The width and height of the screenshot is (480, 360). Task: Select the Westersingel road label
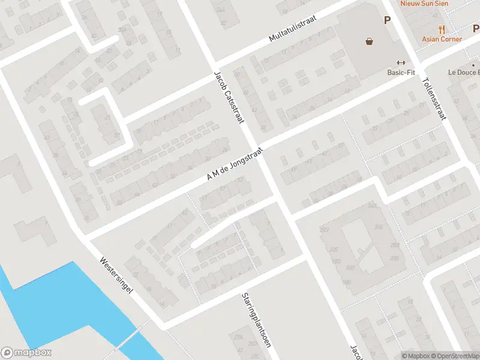coord(116,276)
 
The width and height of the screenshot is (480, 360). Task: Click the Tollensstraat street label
coord(435,99)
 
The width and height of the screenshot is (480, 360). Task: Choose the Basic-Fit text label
coord(401,73)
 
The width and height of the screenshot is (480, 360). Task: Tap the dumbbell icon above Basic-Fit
coord(401,63)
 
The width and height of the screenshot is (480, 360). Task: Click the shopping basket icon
coord(369,41)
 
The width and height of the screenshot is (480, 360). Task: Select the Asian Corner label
coord(442,39)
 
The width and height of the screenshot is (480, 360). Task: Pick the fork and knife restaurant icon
coord(442,29)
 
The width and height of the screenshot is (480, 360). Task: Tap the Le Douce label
coord(464,73)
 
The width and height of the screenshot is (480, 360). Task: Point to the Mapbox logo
coord(26,353)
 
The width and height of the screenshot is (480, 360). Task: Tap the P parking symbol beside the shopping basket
coord(388,20)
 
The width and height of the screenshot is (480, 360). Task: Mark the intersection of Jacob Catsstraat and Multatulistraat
coord(215,65)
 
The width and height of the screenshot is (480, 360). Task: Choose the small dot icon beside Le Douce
coord(473,65)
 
